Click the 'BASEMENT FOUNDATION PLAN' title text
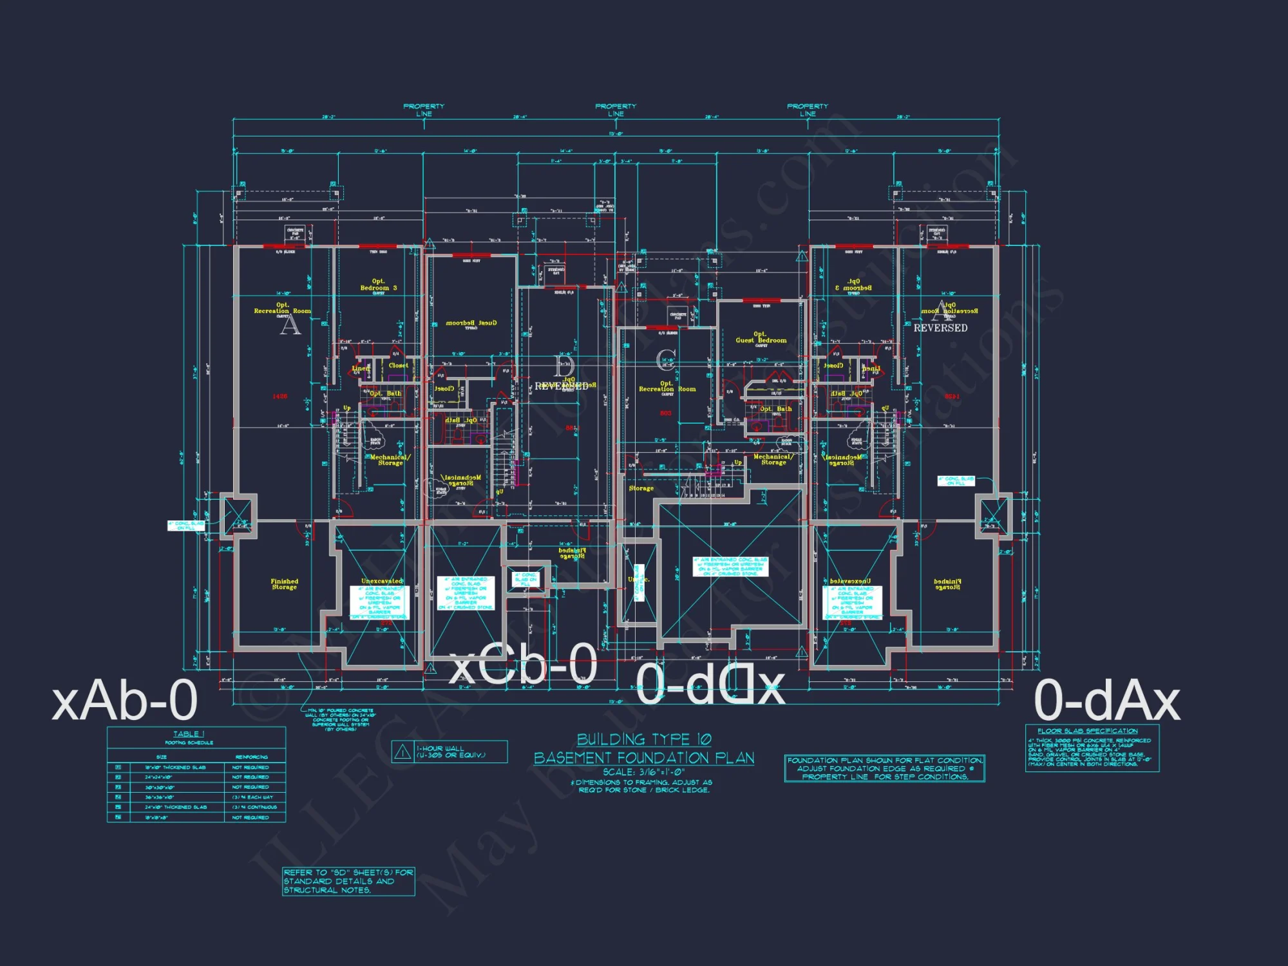(x=644, y=758)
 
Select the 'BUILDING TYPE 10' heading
(x=644, y=739)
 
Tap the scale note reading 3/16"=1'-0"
(x=644, y=772)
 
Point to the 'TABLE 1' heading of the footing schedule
(x=189, y=734)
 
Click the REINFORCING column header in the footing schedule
(x=251, y=757)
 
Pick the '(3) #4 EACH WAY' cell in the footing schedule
(x=255, y=797)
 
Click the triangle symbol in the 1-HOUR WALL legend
(x=403, y=751)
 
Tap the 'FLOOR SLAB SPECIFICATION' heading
(x=1088, y=731)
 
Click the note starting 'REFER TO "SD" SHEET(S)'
(x=348, y=881)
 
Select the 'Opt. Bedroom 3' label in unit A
(x=379, y=285)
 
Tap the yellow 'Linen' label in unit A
(x=361, y=368)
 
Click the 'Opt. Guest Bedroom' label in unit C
(x=761, y=337)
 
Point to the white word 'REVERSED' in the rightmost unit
(x=940, y=328)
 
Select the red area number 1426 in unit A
(x=279, y=396)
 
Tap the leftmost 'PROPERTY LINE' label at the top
(x=424, y=109)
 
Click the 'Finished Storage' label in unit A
(x=284, y=584)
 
